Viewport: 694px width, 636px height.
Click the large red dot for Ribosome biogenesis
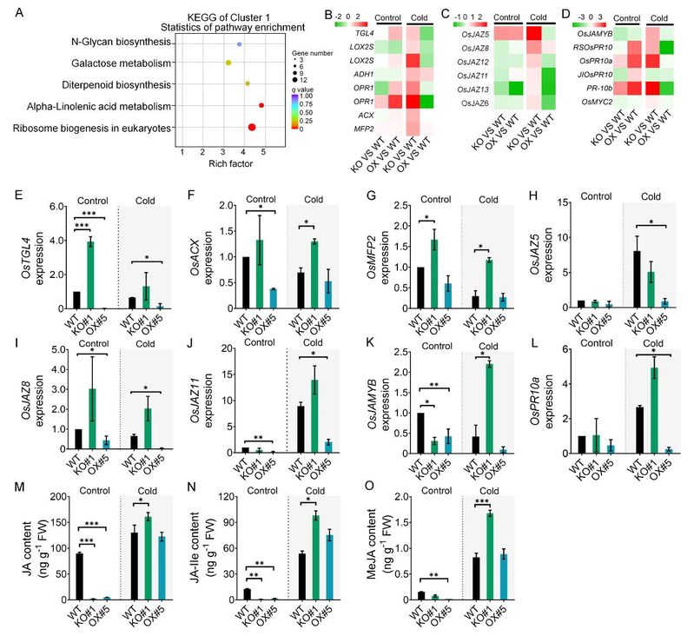(x=252, y=128)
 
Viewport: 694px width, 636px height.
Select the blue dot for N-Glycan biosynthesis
(x=239, y=43)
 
